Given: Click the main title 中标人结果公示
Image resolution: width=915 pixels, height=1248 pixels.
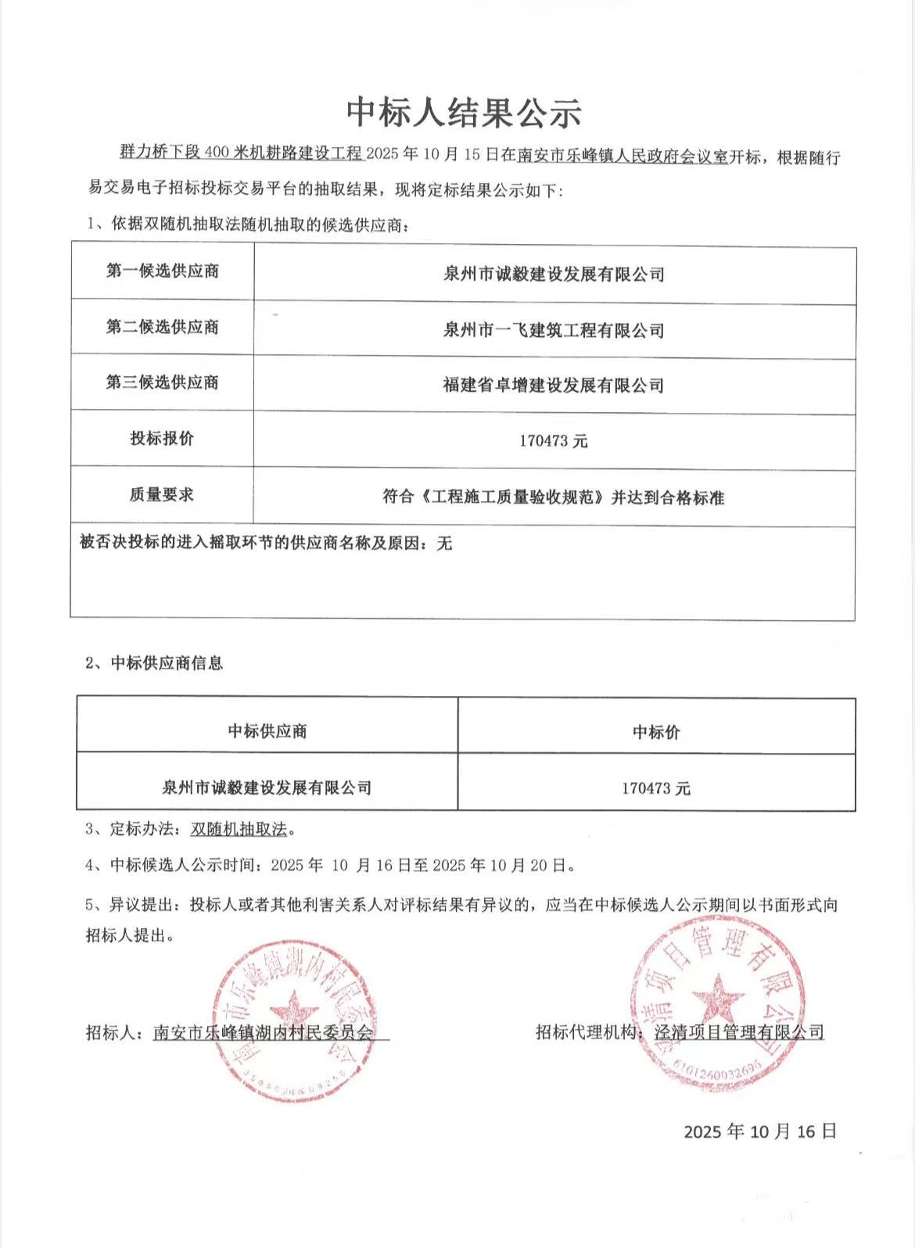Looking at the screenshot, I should click(x=464, y=113).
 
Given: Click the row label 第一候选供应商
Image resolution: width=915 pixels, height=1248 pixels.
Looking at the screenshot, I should click(x=163, y=271).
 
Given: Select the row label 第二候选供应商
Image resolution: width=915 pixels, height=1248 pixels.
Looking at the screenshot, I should click(x=163, y=327).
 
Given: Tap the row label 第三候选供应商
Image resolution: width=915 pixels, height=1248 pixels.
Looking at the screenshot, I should click(x=163, y=382).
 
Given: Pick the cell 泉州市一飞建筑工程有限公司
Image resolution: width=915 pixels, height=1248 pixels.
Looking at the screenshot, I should click(x=554, y=330).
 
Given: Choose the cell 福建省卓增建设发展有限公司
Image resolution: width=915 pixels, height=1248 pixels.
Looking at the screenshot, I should click(x=554, y=385).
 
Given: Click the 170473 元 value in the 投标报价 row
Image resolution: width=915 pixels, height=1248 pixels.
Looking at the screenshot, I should click(x=554, y=441).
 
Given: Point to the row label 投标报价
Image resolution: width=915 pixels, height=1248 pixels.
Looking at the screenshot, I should click(x=163, y=438).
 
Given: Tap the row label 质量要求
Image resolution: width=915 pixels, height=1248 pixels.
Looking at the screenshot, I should click(x=163, y=494).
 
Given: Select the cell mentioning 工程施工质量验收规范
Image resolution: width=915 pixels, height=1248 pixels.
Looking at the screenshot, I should click(x=554, y=497).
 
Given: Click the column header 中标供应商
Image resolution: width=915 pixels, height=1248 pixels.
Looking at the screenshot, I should click(x=267, y=731).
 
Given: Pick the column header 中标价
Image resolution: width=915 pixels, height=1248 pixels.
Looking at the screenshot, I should click(x=656, y=732).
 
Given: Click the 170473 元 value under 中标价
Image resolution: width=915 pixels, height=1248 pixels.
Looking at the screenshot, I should click(x=656, y=788).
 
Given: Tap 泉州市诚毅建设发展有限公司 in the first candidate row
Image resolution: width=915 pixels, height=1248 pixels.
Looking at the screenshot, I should click(x=554, y=274).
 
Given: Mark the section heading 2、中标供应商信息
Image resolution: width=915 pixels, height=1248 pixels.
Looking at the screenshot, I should click(x=155, y=663).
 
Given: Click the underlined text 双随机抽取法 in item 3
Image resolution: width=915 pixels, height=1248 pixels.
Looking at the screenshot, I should click(x=239, y=829).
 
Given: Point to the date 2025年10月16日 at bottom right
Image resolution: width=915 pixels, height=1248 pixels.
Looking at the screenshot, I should click(x=760, y=1131).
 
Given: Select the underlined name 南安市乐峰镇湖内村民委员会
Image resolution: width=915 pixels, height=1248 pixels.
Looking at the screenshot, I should click(x=264, y=1032).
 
